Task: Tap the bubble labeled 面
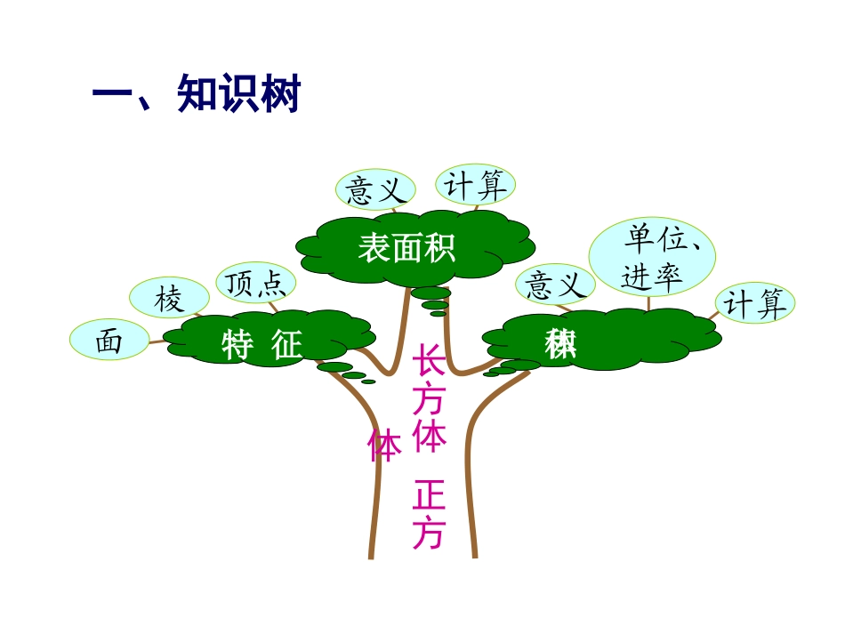click(x=109, y=341)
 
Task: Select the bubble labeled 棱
click(x=169, y=299)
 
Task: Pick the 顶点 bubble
click(x=256, y=283)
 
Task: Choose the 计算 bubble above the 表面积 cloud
click(x=476, y=185)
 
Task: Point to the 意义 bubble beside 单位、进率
click(x=556, y=285)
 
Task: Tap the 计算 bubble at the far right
click(x=755, y=304)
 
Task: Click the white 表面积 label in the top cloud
click(x=406, y=246)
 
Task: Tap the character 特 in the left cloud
click(x=238, y=345)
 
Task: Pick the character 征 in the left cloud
click(x=287, y=345)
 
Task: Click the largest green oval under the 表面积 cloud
click(x=431, y=293)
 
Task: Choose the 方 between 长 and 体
click(x=429, y=401)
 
